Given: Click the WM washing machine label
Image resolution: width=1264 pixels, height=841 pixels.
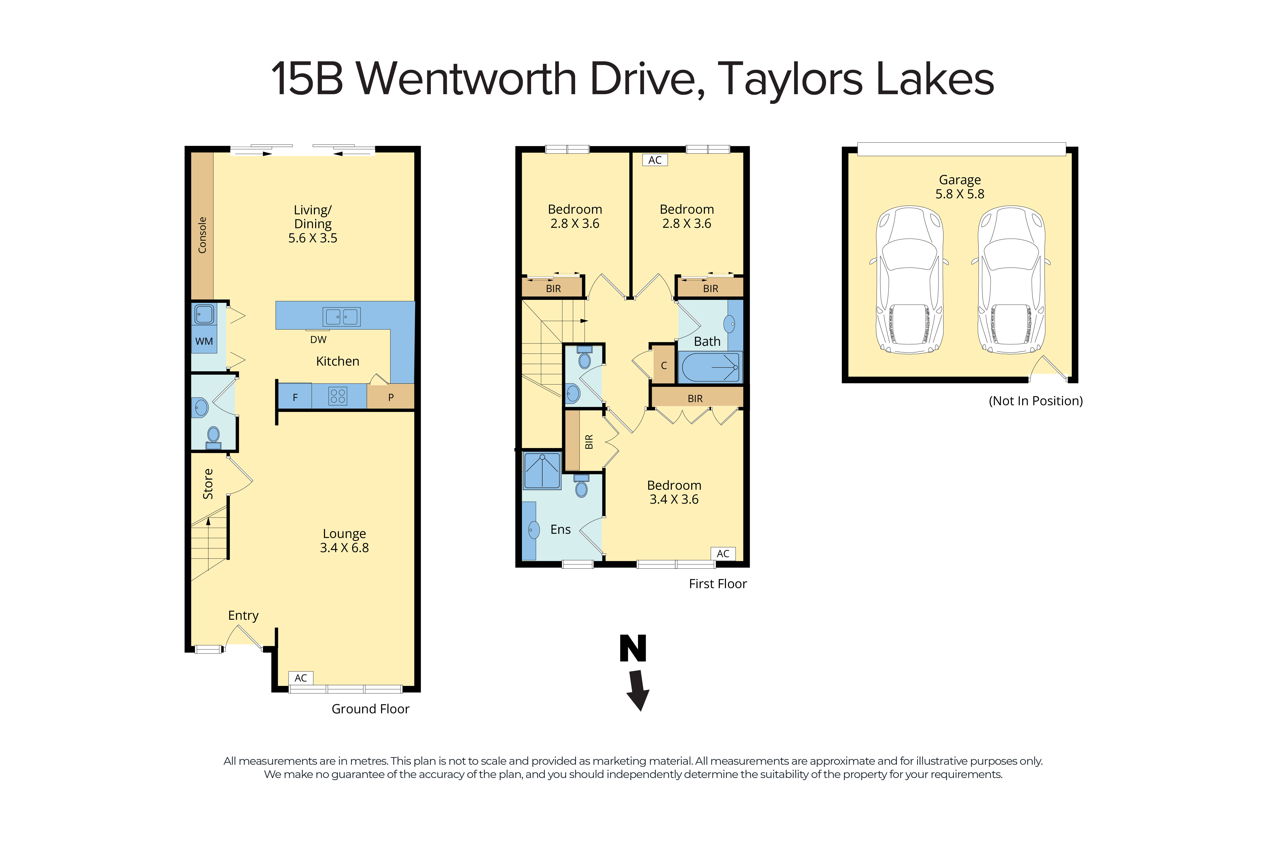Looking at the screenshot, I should click(204, 341).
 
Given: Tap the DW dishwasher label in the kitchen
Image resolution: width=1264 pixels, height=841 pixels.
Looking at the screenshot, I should click(318, 339).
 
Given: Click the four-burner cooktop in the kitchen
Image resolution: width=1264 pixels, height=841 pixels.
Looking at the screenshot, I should click(338, 396).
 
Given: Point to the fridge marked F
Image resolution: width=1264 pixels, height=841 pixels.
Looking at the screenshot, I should click(295, 397).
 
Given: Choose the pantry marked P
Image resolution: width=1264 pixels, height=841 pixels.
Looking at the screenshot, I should click(391, 397).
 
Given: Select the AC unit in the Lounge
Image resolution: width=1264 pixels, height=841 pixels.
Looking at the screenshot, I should click(301, 678).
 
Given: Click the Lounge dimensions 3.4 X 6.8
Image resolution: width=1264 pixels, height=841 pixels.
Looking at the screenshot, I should click(344, 548).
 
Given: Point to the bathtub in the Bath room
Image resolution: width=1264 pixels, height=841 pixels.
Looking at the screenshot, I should click(710, 368).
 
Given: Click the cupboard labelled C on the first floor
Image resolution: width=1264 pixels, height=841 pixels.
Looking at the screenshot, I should click(664, 366).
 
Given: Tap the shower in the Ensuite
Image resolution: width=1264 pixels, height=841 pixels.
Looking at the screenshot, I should click(542, 470).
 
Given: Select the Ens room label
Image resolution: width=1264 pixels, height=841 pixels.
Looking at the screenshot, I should click(560, 529).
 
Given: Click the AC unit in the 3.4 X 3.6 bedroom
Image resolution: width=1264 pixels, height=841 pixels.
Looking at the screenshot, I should click(723, 554).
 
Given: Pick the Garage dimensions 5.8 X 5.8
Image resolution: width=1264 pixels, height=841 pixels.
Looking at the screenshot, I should click(960, 194).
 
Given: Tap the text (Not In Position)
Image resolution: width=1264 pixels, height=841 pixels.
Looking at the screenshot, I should click(1035, 401).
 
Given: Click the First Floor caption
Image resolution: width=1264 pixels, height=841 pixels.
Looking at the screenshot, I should click(717, 583).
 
